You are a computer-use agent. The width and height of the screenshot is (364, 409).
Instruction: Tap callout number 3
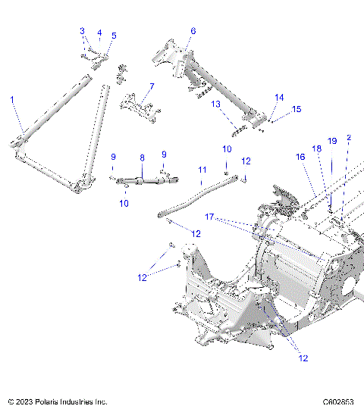tap(83, 30)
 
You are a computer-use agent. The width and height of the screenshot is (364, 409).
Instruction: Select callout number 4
tap(99, 33)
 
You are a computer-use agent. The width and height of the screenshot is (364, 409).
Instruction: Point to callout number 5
tap(114, 36)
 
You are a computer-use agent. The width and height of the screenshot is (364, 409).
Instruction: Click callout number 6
tap(193, 31)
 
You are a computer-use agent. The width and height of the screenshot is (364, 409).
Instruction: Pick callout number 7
tap(152, 86)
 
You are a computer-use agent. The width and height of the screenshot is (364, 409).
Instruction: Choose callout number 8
tap(141, 158)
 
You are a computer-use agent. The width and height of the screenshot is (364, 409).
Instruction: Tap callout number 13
tap(215, 104)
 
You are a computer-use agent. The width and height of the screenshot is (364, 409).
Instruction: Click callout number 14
tap(279, 98)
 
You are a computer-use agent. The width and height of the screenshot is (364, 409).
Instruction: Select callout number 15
tap(297, 109)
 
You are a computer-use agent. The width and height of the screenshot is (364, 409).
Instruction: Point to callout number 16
tap(300, 157)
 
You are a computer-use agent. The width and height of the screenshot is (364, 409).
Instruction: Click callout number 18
tap(316, 148)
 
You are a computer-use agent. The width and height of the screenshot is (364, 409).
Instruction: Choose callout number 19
tap(331, 141)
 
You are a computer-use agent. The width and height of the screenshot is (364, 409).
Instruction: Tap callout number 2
tap(349, 138)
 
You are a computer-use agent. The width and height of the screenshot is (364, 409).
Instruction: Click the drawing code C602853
tap(339, 401)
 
